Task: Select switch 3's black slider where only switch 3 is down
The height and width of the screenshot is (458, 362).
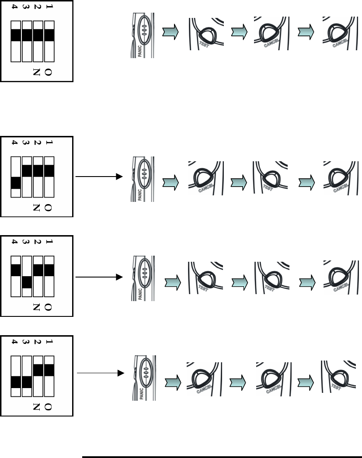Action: pos(26,282)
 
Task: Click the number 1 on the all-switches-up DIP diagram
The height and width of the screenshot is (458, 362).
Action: pos(49,7)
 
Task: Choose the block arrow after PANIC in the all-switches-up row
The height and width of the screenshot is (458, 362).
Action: pos(170,32)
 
